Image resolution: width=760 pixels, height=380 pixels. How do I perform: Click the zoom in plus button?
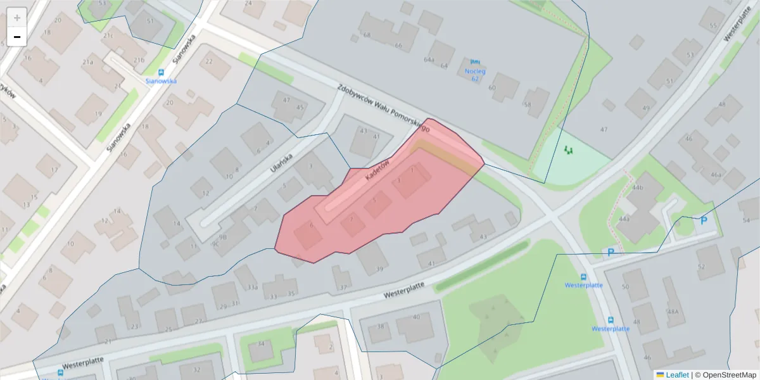[16, 18]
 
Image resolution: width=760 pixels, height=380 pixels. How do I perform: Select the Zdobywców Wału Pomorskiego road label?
[383, 108]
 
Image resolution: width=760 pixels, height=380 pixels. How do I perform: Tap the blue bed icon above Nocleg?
[475, 62]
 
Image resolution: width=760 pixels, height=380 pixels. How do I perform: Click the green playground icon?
[568, 151]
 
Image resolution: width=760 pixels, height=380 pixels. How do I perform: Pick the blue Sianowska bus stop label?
[161, 81]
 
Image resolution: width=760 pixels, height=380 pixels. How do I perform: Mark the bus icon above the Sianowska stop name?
[161, 72]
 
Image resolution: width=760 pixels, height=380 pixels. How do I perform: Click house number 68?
[367, 35]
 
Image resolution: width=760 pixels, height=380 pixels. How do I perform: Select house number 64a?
[429, 60]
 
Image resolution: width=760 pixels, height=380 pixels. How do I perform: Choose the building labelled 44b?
[637, 188]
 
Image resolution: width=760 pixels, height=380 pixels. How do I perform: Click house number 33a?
[252, 287]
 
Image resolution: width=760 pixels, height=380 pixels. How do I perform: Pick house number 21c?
[108, 36]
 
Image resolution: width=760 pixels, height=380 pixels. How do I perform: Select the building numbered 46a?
[716, 175]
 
